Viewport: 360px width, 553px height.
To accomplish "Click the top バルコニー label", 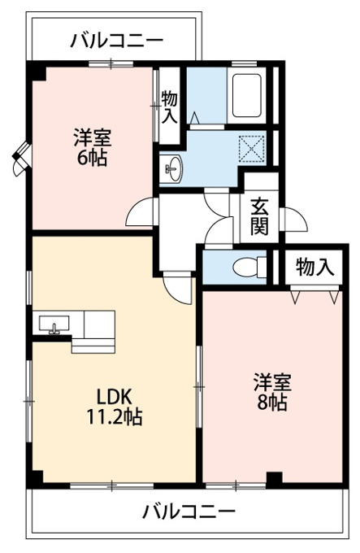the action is point(117,41).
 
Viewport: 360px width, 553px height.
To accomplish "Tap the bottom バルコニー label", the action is point(189,511).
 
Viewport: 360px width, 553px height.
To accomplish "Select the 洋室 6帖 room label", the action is point(93,147).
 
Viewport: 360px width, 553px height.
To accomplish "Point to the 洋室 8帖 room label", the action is point(272,392).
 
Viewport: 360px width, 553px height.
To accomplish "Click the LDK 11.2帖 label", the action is point(115,407).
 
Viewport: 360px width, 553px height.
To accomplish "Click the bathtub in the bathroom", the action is point(248,96).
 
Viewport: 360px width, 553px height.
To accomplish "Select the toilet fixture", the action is point(249,268).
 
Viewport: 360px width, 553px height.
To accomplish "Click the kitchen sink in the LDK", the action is point(54,324).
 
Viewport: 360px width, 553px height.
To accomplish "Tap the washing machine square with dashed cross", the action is point(252,149).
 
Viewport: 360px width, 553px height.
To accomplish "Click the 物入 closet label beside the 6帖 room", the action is point(169,107).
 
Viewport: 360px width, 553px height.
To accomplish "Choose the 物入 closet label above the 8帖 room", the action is point(314,267).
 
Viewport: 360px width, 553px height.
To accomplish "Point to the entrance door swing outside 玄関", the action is point(294,220).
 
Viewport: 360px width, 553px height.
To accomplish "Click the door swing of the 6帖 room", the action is point(141,212).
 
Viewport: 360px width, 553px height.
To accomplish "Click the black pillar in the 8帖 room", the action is point(274,478).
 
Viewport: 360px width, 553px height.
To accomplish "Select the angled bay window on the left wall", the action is point(21,159).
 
